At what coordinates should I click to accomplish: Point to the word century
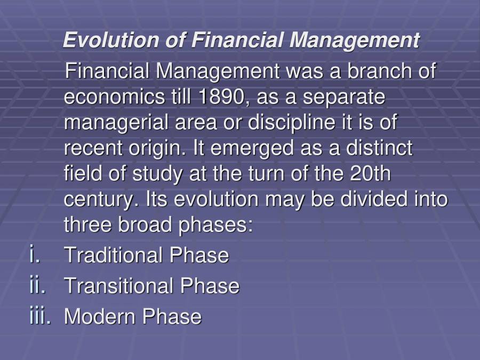coord(98,199)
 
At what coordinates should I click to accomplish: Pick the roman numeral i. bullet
coord(35,255)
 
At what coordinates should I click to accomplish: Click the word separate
coord(346,98)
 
